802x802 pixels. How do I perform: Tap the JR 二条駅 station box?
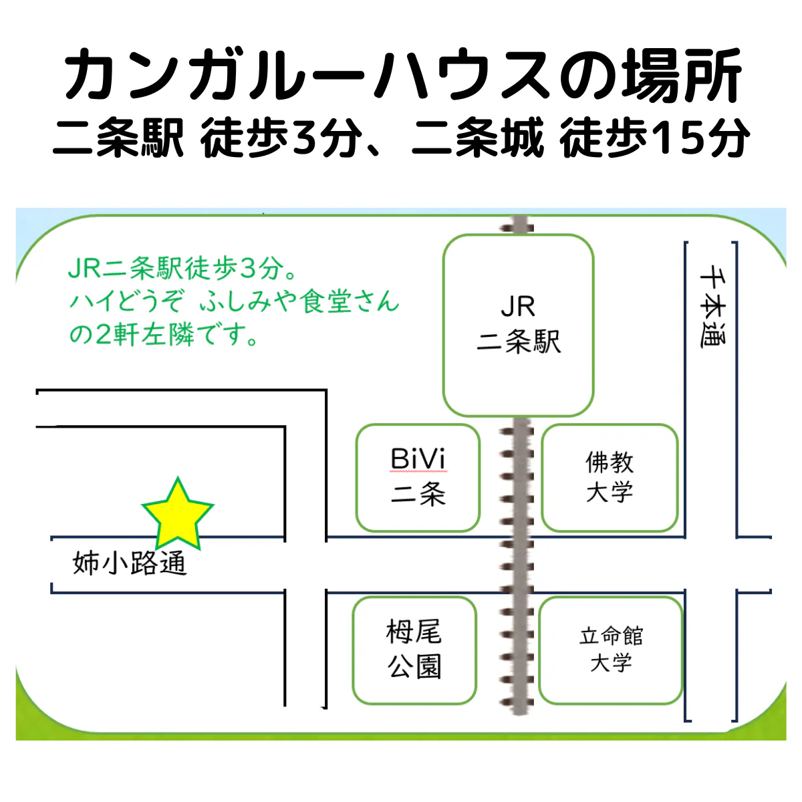[519, 325]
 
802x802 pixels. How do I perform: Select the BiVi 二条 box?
[418, 477]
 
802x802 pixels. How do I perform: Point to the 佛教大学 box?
[610, 477]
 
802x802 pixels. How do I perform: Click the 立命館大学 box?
[611, 650]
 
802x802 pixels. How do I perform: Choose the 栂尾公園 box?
[414, 650]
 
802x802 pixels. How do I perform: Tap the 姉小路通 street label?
[129, 563]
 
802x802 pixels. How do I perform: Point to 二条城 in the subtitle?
[478, 138]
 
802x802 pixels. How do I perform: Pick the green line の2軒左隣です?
[164, 334]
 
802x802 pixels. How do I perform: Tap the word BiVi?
[418, 460]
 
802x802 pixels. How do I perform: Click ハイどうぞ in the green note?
[126, 301]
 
